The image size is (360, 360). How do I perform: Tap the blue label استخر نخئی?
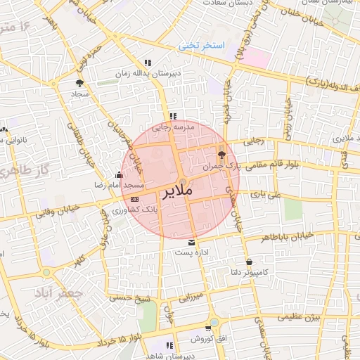pos(200,46)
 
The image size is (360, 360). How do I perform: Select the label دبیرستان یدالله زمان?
pos(148,73)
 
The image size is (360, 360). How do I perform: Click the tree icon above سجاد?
pos(79,83)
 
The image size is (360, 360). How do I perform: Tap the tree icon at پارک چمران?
pos(222,154)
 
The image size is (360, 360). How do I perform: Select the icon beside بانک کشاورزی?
pos(135,200)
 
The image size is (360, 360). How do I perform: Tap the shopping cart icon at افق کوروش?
pos(209,328)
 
